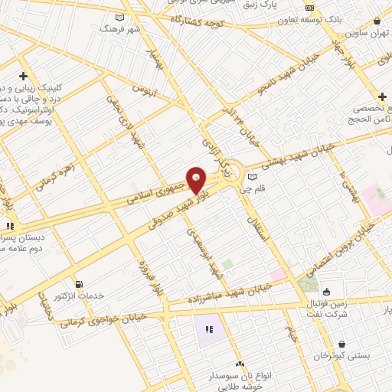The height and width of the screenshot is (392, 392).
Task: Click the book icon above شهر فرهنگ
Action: pos(119,17)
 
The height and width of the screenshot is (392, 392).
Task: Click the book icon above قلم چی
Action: pos(252,177)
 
